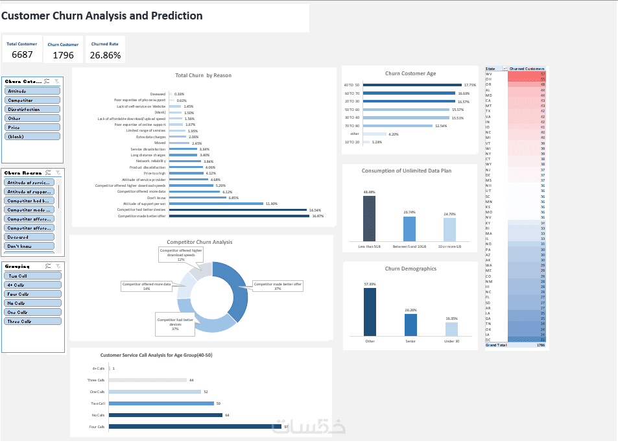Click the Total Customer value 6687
click(22, 54)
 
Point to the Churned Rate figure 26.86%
click(105, 55)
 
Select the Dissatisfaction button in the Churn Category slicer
click(32, 109)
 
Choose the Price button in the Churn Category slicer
click(32, 127)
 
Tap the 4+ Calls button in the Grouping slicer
click(32, 285)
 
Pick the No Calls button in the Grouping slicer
click(32, 303)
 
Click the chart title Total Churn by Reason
click(203, 75)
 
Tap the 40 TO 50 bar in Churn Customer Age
click(412, 85)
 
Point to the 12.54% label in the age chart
click(441, 126)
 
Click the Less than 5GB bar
click(369, 219)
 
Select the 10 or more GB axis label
click(449, 246)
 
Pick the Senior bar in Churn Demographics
click(411, 324)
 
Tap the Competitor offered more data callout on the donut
click(148, 286)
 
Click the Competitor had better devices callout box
click(175, 324)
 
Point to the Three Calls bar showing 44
click(147, 380)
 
